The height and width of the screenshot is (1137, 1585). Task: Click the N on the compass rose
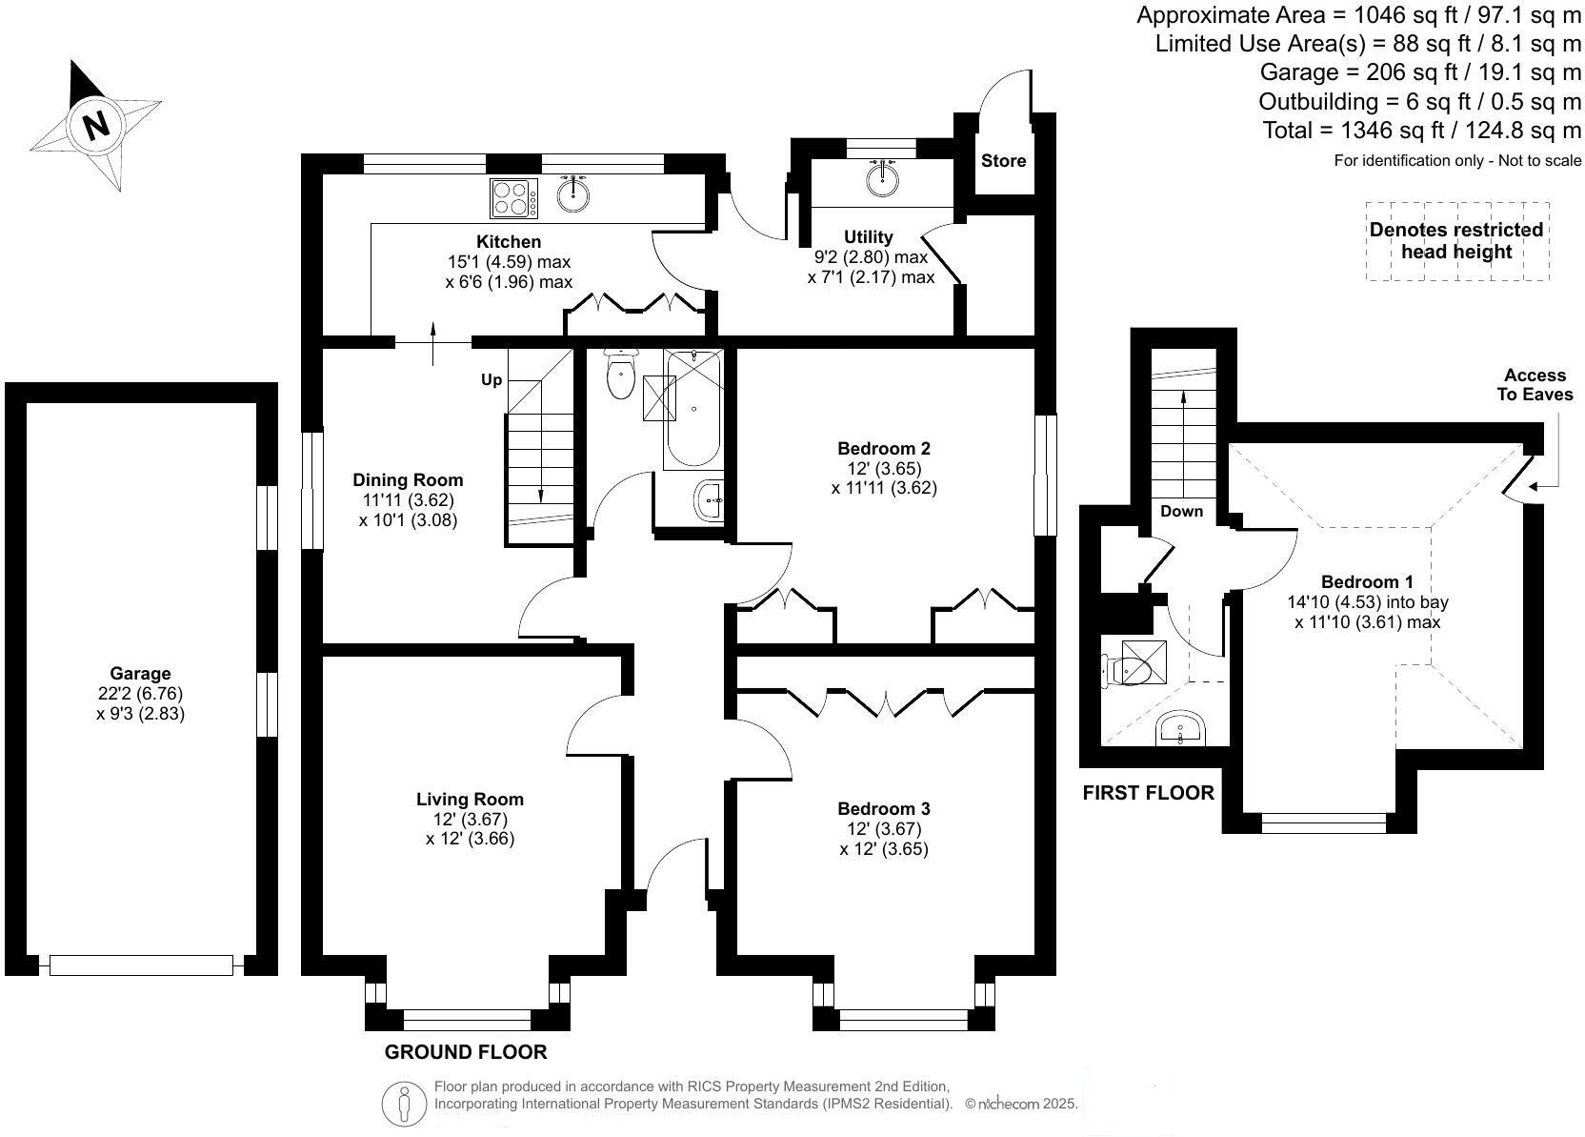tap(95, 124)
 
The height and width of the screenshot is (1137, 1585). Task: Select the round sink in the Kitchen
tap(572, 194)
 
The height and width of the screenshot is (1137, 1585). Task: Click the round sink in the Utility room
tap(884, 179)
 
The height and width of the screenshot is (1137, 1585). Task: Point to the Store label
tap(1003, 160)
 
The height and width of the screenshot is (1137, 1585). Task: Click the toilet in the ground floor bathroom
tap(620, 376)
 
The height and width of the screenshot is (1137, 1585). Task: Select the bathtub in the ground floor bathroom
tap(693, 409)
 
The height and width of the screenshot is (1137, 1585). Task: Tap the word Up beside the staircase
tap(491, 380)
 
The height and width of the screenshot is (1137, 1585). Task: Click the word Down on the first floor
tap(1181, 511)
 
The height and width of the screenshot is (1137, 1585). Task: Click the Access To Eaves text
tap(1535, 385)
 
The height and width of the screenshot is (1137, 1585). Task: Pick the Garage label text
tap(140, 673)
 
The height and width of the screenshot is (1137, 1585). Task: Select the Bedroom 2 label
tap(883, 448)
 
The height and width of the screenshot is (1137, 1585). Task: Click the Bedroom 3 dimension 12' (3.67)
tap(883, 828)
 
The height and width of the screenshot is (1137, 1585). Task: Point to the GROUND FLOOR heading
tap(466, 1052)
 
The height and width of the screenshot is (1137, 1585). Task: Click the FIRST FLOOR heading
tap(1148, 793)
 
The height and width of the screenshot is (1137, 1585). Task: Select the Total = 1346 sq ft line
tap(1421, 130)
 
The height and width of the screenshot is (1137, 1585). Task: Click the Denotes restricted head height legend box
tap(1456, 241)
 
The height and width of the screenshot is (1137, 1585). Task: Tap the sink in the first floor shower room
tap(1181, 731)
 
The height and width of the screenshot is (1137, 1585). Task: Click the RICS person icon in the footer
tap(405, 1104)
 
